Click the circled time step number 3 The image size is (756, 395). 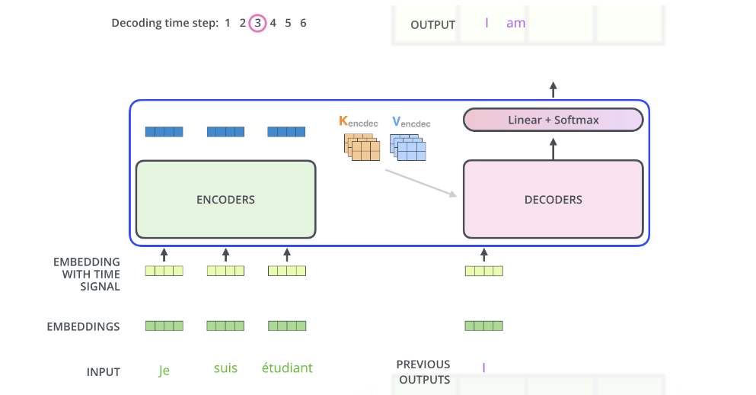[x=257, y=23]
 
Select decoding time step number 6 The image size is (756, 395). [x=303, y=23]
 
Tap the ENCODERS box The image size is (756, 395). [x=225, y=200]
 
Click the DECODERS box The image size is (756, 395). [x=553, y=200]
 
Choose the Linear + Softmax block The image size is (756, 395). [x=553, y=120]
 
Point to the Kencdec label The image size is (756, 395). [x=358, y=121]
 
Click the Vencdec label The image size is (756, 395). [x=410, y=121]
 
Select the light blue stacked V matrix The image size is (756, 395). [x=408, y=147]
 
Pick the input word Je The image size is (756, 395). [x=164, y=371]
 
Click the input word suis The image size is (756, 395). [x=225, y=368]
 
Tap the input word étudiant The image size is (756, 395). [x=286, y=368]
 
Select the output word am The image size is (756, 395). [x=515, y=23]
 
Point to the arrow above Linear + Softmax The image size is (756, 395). [x=553, y=88]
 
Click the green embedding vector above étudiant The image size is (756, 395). [x=286, y=326]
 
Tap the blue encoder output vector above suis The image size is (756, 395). [x=225, y=132]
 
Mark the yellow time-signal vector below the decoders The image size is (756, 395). [x=484, y=271]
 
